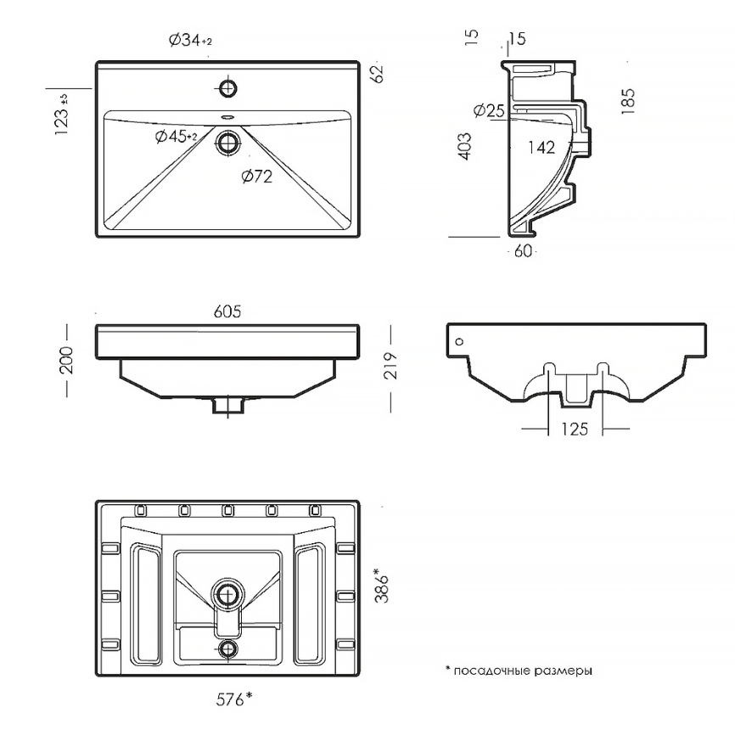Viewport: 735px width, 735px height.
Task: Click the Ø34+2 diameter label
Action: click(190, 40)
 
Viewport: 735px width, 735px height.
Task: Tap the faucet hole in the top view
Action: click(228, 87)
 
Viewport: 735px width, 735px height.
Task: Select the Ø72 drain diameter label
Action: click(257, 177)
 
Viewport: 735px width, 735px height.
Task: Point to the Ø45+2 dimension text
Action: click(176, 137)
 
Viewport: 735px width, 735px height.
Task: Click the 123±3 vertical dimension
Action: click(62, 115)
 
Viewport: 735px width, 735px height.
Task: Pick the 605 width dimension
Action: click(227, 311)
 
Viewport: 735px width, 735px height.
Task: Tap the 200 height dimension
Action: click(66, 360)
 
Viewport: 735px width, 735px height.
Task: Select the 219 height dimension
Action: click(390, 365)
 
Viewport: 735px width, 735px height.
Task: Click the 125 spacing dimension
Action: click(575, 429)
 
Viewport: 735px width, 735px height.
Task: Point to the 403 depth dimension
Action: click(464, 146)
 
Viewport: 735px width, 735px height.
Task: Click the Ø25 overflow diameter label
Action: click(489, 110)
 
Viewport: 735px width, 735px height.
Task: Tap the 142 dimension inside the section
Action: click(541, 147)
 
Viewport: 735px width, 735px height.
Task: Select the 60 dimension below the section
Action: click(523, 251)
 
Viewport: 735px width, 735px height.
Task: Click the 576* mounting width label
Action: click(234, 699)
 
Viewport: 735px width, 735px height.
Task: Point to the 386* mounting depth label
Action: click(382, 586)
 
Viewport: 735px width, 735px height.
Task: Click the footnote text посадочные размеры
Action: click(523, 670)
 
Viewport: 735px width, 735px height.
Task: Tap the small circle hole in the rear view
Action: click(459, 341)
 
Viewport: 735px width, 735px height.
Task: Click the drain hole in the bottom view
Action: click(228, 594)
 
